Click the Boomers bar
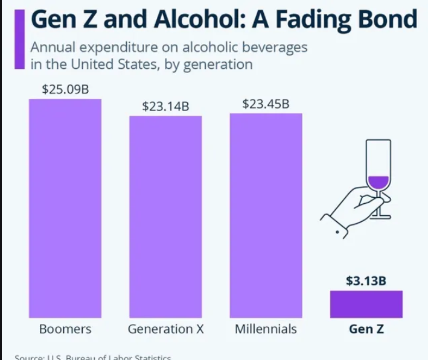point(65,208)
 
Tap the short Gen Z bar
point(366,304)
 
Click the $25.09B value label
point(65,89)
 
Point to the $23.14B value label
point(165,107)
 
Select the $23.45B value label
point(266,104)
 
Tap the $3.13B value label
point(366,280)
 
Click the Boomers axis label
point(65,329)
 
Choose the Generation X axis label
point(165,329)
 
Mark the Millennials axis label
point(266,329)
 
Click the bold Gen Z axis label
point(366,329)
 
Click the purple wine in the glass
point(378,182)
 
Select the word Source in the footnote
point(30,357)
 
